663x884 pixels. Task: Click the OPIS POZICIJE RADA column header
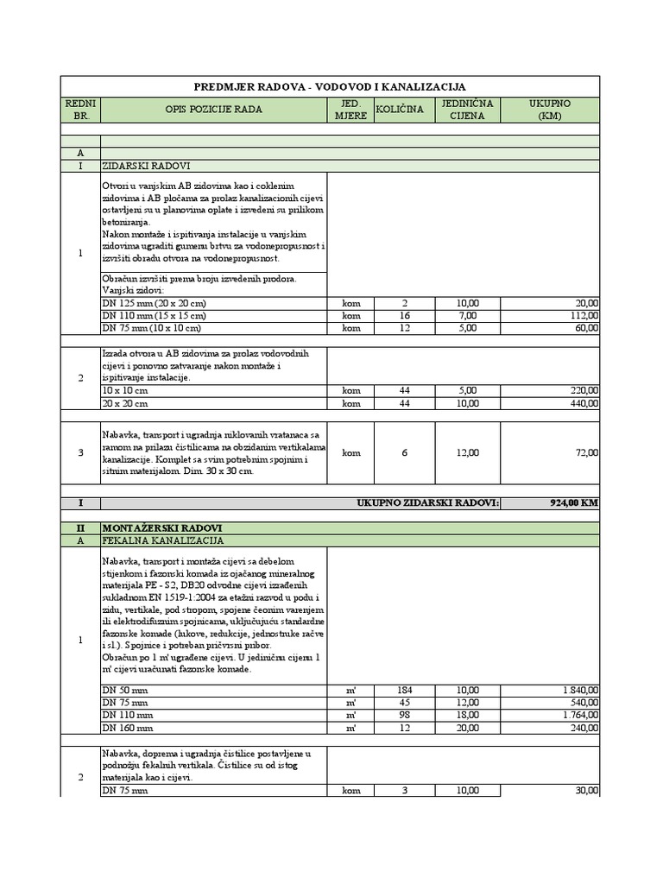(x=213, y=110)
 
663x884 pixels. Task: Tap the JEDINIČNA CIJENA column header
(x=466, y=110)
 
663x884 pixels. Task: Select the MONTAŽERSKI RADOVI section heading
(x=155, y=527)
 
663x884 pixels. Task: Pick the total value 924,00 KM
(x=567, y=503)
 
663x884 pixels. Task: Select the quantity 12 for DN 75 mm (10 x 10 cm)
(x=405, y=328)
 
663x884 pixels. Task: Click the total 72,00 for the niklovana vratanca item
(x=585, y=453)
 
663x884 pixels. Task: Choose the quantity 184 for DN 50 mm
(x=406, y=691)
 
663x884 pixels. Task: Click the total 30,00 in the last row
(x=585, y=790)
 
